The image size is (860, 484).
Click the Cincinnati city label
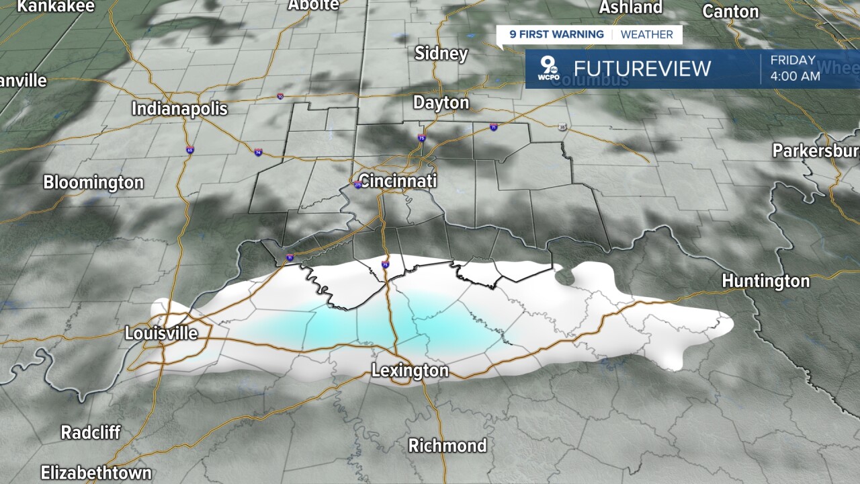pos(398,181)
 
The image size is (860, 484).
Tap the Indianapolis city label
pos(179,109)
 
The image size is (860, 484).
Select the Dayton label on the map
pos(441,103)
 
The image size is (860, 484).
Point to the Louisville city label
pos(161,333)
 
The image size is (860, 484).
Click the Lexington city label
pos(410,371)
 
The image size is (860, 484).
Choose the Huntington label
pos(765,281)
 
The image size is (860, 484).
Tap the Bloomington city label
pos(93,182)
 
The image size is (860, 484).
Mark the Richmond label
pos(447,445)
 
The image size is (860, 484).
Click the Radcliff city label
pos(91,432)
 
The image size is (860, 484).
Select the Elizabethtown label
pos(96,472)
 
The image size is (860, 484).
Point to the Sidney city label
pos(441,54)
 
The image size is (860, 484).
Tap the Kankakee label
pos(56,7)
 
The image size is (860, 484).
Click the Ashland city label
pos(630,7)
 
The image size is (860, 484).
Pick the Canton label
pos(730,11)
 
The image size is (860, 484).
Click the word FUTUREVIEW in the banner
pos(642,69)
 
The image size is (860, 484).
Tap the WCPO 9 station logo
pos(548,69)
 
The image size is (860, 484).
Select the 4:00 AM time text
pos(795,76)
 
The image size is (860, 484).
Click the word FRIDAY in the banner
pos(793,61)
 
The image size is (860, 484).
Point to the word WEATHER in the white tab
pos(646,35)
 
